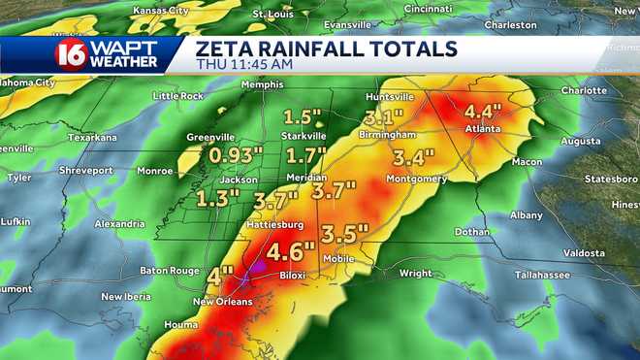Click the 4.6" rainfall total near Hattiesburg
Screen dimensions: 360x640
pyautogui.click(x=291, y=251)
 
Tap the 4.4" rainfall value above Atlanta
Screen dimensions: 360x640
pyautogui.click(x=482, y=111)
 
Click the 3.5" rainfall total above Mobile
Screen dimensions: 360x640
pyautogui.click(x=344, y=234)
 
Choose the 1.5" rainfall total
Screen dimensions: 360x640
pyautogui.click(x=302, y=116)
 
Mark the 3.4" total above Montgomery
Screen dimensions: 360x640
pyautogui.click(x=414, y=157)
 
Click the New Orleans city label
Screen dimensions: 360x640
pyautogui.click(x=222, y=302)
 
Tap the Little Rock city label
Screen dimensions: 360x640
pyautogui.click(x=177, y=96)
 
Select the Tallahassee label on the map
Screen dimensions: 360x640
pyautogui.click(x=515, y=275)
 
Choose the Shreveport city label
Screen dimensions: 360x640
pyautogui.click(x=85, y=170)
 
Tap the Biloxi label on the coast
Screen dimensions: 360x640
pyautogui.click(x=292, y=276)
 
